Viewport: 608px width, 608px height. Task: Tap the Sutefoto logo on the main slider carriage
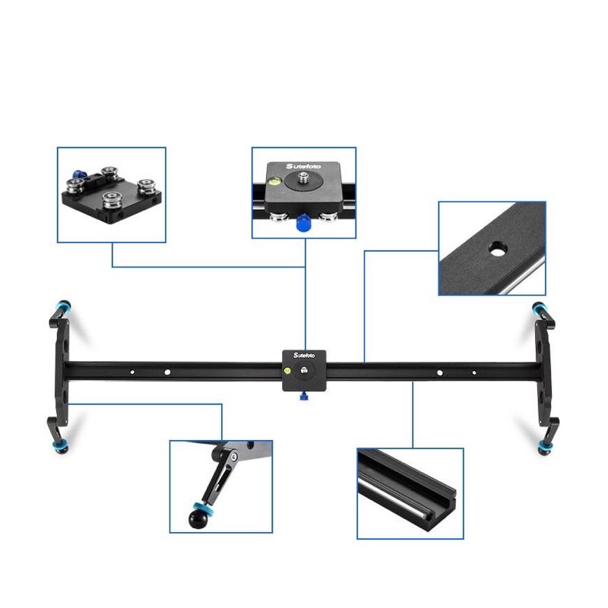298,356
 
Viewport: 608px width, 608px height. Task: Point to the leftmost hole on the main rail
132,372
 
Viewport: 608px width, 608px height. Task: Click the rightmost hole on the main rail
473,372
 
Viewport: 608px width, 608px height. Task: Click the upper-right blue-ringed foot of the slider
541,309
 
